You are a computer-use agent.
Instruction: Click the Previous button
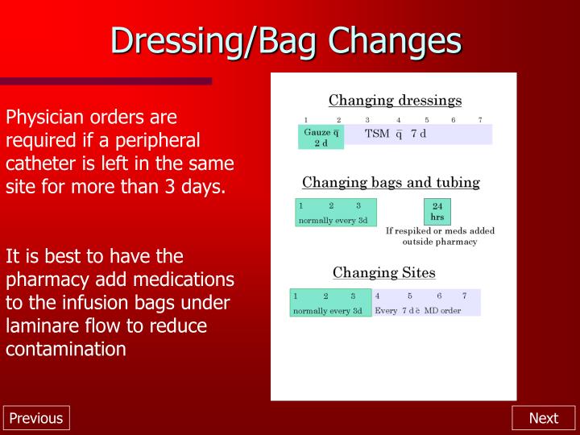(35, 417)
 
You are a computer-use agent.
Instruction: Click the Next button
(543, 417)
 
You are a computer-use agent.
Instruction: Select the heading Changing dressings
(395, 101)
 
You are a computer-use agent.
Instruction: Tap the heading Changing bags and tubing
(391, 182)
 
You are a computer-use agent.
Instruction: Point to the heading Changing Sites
(383, 272)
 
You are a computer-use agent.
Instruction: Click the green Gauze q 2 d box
(321, 137)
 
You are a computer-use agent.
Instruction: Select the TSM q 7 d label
(396, 133)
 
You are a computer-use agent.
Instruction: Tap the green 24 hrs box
(437, 212)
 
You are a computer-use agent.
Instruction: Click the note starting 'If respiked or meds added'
(439, 236)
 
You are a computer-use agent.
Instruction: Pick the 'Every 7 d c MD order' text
(417, 311)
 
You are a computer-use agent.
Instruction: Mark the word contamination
(66, 350)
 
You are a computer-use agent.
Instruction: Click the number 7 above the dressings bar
(480, 119)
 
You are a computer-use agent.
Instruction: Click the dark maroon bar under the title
(106, 81)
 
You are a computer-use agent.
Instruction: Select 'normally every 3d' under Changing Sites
(328, 311)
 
